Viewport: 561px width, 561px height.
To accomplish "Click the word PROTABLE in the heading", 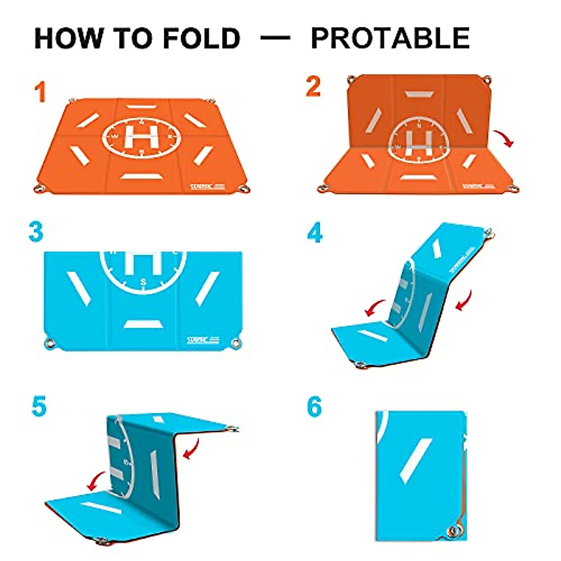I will [390, 38].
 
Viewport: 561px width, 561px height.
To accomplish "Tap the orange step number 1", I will [40, 92].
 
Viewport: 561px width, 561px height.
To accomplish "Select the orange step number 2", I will [314, 86].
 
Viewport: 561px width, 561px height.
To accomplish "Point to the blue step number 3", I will [36, 232].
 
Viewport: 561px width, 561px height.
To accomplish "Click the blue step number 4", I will [315, 232].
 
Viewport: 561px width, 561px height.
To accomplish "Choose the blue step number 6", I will [315, 407].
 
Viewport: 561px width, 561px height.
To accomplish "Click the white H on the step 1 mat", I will [141, 136].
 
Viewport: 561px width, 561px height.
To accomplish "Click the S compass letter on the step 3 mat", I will [144, 282].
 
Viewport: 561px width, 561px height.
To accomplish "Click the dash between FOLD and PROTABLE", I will [275, 37].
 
